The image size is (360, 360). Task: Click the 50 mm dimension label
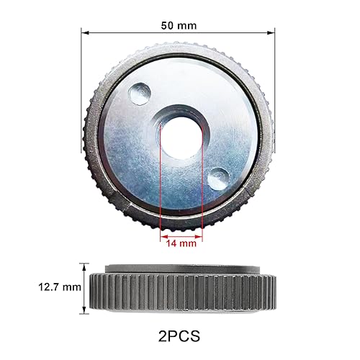tap(178, 26)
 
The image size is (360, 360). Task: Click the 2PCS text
tap(179, 335)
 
